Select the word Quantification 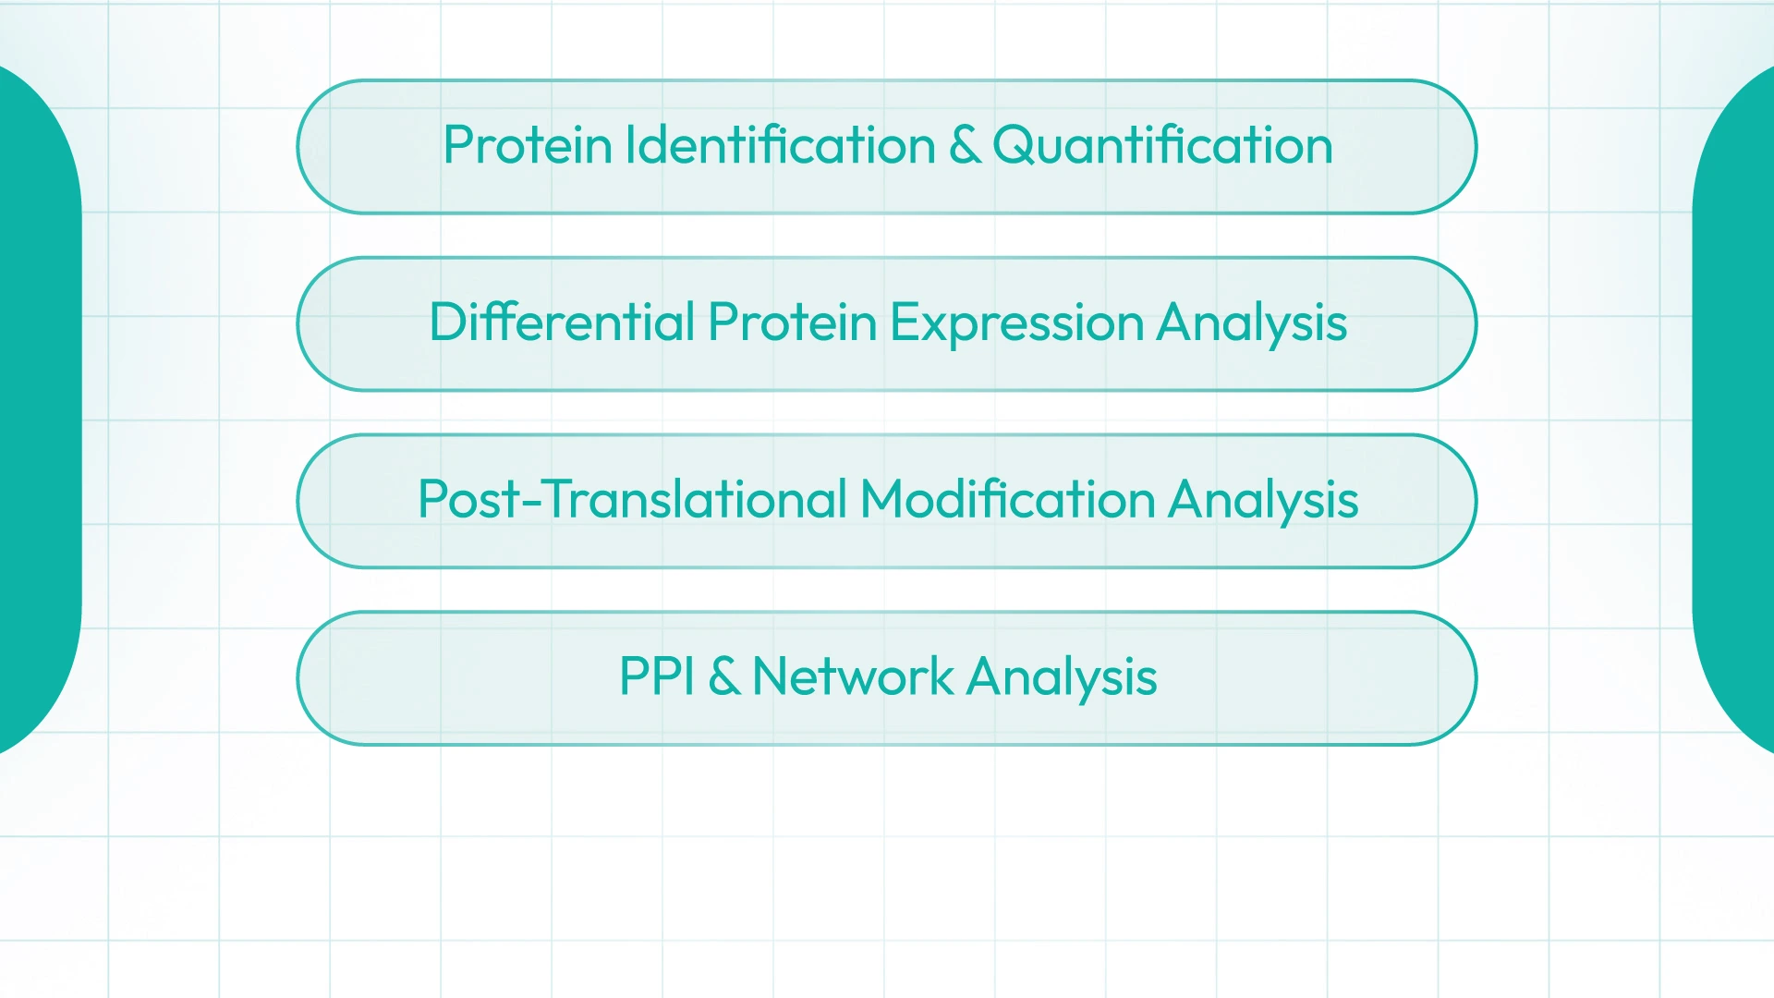1162,145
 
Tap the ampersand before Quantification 965,145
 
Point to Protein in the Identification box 528,145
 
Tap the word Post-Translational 633,499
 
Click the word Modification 1008,499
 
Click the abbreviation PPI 657,676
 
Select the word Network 853,676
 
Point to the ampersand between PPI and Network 724,676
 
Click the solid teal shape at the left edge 37,407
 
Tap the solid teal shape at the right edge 1735,407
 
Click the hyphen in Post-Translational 531,505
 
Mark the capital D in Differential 449,323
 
